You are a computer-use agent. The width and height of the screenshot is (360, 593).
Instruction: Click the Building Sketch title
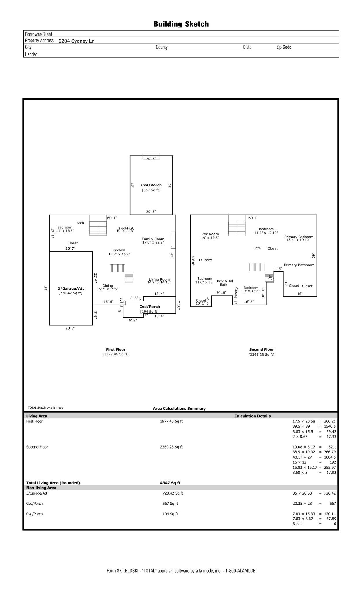point(181,24)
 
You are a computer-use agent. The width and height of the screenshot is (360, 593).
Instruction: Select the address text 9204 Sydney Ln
point(76,41)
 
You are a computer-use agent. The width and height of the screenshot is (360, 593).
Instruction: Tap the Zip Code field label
point(284,47)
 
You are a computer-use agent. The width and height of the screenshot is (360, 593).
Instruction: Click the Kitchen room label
point(119,250)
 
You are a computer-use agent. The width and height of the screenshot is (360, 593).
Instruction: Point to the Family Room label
point(153,239)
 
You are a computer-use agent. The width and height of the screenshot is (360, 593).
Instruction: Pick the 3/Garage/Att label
point(71,288)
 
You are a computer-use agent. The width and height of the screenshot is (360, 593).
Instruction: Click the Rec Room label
point(210,234)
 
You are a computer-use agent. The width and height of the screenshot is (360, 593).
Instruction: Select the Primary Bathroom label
point(299,265)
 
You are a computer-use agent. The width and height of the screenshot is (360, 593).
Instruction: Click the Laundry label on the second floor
point(205,260)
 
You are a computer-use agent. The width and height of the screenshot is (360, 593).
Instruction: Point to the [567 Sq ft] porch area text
point(151,190)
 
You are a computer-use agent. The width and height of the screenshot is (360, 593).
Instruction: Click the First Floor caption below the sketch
point(116,349)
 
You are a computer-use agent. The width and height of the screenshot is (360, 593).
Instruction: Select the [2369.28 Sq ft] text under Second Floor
point(261,354)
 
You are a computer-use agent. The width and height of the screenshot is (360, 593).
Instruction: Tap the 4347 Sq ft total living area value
point(170,483)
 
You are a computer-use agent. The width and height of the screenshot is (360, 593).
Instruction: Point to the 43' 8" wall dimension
point(193,261)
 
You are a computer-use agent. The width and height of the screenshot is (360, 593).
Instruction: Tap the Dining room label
point(108,285)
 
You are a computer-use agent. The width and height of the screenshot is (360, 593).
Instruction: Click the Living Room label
point(159,279)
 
